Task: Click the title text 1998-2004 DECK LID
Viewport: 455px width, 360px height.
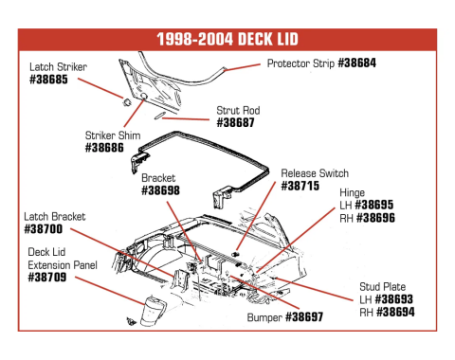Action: coord(227,39)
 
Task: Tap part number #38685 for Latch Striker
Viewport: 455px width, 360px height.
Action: coord(48,80)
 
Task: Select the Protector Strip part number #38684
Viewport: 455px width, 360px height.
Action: coord(357,63)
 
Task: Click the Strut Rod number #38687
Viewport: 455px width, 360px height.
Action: coord(235,122)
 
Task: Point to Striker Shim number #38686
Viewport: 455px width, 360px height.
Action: coord(104,148)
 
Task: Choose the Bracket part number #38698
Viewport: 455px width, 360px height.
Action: coord(160,190)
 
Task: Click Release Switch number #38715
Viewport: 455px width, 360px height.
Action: coord(300,186)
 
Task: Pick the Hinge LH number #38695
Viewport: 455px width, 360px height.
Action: coord(374,205)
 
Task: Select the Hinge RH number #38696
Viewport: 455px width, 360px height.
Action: coord(375,218)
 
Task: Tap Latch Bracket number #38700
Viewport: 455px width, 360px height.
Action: coord(44,229)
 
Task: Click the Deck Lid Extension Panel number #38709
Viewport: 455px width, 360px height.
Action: coord(47,277)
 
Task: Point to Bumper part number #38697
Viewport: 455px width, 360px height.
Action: coord(304,316)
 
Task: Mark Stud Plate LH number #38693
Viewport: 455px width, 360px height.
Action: coord(394,299)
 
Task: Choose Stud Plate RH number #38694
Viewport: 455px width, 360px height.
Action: coord(395,312)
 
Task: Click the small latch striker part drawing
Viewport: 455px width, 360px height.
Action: coord(127,102)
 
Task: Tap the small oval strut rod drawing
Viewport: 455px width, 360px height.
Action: coord(158,116)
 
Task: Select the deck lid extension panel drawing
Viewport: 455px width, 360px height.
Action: coord(153,312)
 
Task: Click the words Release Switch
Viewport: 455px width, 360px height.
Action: coord(315,173)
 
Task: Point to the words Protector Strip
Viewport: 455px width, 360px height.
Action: coord(300,63)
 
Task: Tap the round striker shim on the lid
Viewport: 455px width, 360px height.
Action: coord(143,96)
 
